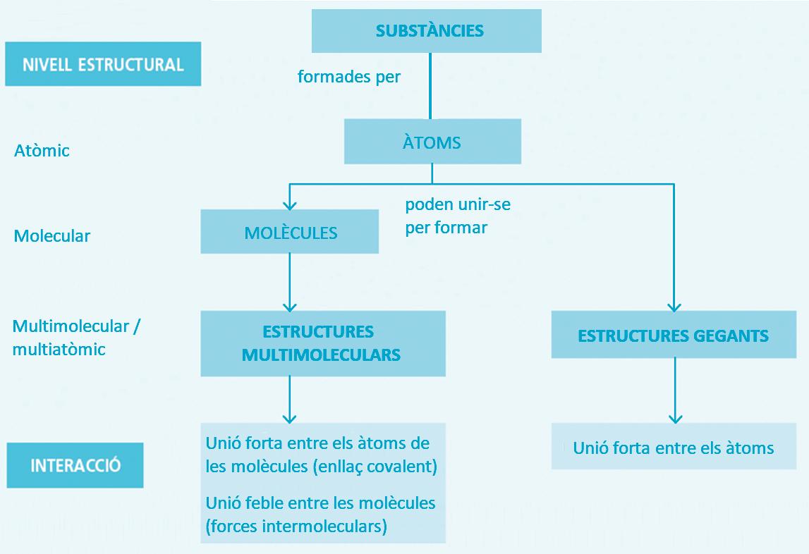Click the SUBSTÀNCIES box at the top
[x=426, y=31]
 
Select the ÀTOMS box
[x=432, y=142]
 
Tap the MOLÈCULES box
[x=290, y=233]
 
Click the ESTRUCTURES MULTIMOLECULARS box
[x=323, y=343]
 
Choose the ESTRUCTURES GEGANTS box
[x=673, y=336]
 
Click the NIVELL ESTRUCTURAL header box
[x=103, y=64]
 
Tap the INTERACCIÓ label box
[x=75, y=465]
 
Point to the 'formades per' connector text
[x=348, y=76]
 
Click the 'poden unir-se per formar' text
[x=457, y=216]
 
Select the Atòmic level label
[x=42, y=151]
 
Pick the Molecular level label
[x=51, y=235]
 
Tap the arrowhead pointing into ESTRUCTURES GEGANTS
[x=674, y=306]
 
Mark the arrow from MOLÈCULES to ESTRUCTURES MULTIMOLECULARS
[x=290, y=282]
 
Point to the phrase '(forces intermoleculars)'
[x=296, y=527]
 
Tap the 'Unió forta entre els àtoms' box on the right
[x=674, y=448]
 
